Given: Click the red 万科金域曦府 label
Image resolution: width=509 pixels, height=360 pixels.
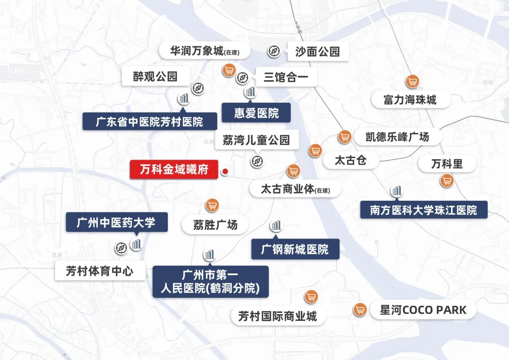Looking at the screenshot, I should (x=174, y=169).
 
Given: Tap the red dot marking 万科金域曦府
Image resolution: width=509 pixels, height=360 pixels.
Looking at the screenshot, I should (x=225, y=172).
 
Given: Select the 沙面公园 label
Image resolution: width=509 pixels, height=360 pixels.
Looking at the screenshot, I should (x=318, y=51).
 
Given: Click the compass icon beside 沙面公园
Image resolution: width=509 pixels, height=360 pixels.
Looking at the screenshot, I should (x=274, y=51).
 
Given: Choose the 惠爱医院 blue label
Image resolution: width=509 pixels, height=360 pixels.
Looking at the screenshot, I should (x=256, y=113).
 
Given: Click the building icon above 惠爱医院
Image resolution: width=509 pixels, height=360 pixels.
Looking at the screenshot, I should (x=250, y=92).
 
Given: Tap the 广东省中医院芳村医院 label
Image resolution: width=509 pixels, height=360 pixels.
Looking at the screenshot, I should (x=149, y=122).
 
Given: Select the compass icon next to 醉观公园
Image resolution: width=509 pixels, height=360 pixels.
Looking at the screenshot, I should (x=198, y=88).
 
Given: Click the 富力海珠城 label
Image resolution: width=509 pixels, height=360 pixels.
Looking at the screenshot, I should (x=410, y=100).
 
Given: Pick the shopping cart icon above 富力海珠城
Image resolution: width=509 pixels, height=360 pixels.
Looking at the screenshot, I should (x=412, y=81).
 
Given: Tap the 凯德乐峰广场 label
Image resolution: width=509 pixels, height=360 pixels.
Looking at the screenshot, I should (x=397, y=137).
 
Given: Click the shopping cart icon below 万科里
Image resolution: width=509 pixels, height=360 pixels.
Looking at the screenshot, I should (x=446, y=180).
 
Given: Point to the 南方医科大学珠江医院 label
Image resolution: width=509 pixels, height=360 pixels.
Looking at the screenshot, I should (x=423, y=210).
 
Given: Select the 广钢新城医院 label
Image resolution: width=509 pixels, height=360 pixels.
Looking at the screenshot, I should (x=295, y=249).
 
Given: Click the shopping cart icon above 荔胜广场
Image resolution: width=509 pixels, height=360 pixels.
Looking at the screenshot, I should (x=213, y=205).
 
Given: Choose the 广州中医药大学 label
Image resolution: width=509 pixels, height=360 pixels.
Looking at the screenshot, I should (x=116, y=222).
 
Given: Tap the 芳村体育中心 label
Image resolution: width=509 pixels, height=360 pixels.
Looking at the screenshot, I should (x=99, y=271).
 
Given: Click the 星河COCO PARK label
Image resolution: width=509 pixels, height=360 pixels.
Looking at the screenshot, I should (x=423, y=310).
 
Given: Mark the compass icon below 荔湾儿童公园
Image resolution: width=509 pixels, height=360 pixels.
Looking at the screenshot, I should (x=257, y=161).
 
